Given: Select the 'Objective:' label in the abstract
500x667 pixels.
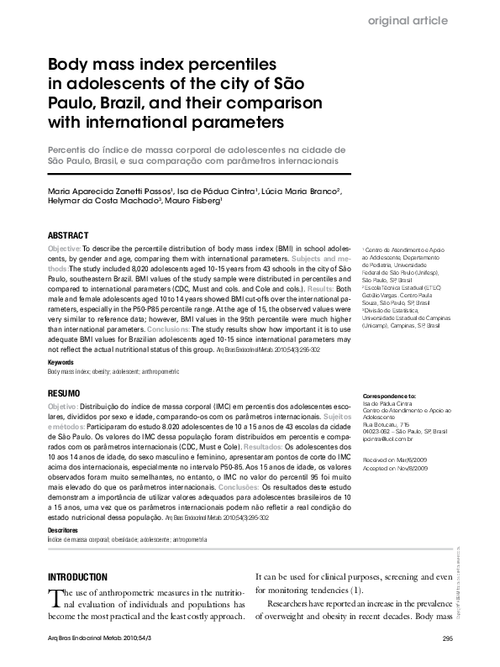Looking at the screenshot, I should pos(64,250).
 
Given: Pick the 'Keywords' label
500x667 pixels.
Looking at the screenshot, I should pos(61,362).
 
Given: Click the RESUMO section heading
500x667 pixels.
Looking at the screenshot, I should pos(64,393).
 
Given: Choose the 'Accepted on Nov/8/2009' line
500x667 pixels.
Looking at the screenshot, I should pos(395,468).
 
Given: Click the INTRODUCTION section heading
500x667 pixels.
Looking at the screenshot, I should pos(77,577).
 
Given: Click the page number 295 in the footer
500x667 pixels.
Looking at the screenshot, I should pos(447,641).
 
